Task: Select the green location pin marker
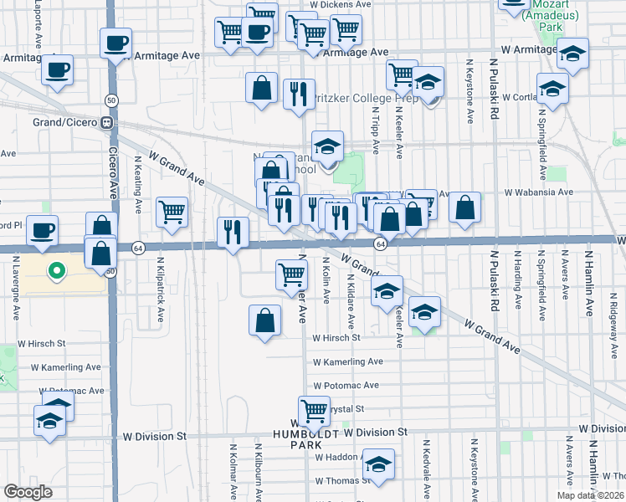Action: point(56,270)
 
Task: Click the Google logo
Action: point(28,492)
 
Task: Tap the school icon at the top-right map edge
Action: point(573,54)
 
